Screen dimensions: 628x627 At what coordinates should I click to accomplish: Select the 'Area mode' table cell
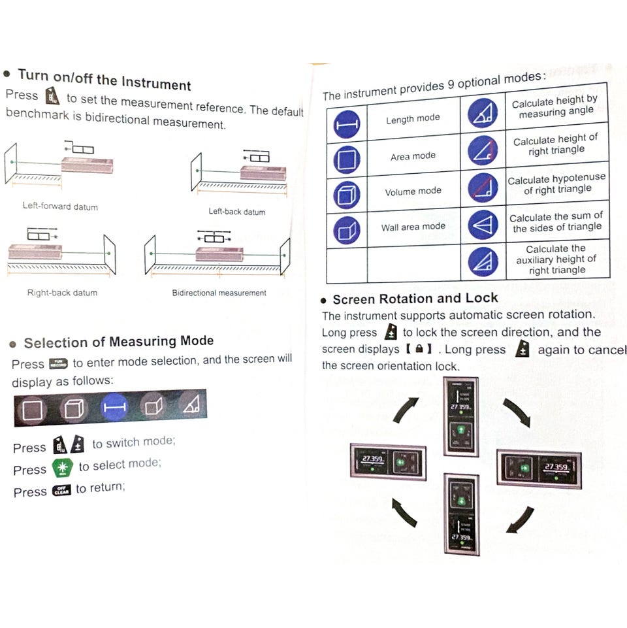click(x=413, y=156)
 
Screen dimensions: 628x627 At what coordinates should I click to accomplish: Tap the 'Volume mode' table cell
click(x=413, y=191)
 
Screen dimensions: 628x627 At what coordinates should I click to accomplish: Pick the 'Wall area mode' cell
click(x=413, y=227)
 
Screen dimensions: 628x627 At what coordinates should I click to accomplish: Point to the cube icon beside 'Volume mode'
click(x=347, y=195)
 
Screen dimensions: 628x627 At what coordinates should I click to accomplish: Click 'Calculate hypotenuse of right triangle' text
click(x=556, y=184)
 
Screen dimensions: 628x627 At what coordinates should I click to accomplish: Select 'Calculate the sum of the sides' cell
click(x=556, y=222)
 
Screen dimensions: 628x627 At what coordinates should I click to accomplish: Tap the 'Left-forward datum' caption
click(x=60, y=207)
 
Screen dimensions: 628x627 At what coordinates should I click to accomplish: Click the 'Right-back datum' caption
click(x=62, y=293)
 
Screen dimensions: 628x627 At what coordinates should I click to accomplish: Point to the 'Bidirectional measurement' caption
click(x=219, y=293)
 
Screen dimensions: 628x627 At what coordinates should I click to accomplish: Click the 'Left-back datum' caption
click(x=236, y=212)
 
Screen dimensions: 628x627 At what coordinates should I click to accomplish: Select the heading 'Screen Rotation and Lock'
click(x=415, y=299)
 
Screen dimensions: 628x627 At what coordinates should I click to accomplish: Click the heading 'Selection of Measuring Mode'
click(x=118, y=342)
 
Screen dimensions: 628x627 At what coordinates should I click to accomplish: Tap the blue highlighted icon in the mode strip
click(x=114, y=408)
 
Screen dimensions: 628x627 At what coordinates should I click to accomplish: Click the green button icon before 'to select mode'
click(x=63, y=467)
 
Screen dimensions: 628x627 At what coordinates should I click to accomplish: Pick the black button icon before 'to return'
click(x=61, y=490)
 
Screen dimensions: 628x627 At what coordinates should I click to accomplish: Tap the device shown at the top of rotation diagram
click(x=461, y=417)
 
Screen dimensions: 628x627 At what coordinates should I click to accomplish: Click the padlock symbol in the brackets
click(x=419, y=349)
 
